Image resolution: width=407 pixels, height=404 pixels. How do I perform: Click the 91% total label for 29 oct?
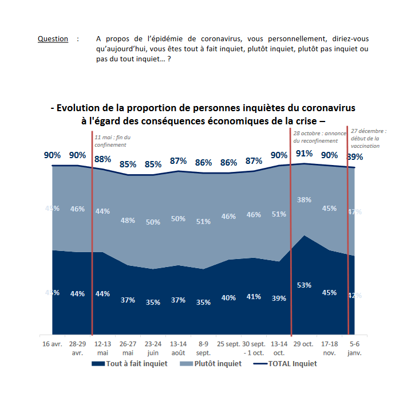(x=305, y=154)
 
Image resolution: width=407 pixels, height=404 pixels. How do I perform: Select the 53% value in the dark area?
(x=305, y=285)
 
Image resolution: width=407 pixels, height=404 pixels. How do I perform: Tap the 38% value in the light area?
(x=305, y=200)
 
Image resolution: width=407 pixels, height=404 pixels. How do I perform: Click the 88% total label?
(x=103, y=159)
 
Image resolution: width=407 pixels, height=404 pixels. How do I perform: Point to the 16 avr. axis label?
(x=52, y=344)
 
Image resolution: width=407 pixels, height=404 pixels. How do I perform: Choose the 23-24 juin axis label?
(x=153, y=348)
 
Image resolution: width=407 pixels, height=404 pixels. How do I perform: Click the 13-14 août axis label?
(x=178, y=348)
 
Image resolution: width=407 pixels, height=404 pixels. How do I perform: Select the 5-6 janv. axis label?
(x=355, y=348)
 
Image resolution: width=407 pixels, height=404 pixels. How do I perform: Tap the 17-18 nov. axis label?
(x=330, y=348)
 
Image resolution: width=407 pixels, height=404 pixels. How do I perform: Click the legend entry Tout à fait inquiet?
(x=128, y=364)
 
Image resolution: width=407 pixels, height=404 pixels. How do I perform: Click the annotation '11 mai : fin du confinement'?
(x=112, y=141)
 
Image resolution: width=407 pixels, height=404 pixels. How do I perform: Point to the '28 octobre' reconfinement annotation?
(x=319, y=136)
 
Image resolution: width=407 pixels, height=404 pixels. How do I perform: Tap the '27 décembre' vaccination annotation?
(x=368, y=138)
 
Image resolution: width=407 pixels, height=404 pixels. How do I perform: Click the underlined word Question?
(x=53, y=39)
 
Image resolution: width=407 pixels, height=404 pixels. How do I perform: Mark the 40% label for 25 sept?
(x=228, y=297)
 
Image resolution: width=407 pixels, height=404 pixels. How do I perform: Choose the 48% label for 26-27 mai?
(x=128, y=220)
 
